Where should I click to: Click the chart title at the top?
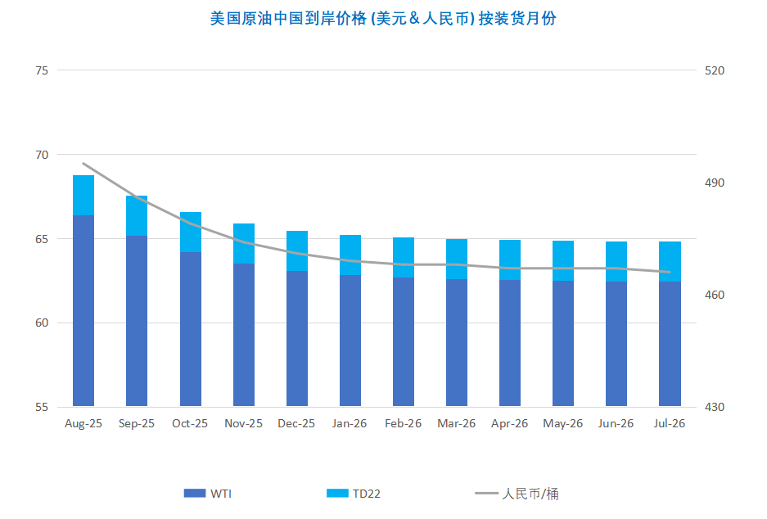(383, 18)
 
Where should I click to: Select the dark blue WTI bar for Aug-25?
(83, 311)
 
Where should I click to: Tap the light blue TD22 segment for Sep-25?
(137, 215)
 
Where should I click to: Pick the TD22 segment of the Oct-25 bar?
(190, 232)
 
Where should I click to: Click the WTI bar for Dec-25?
(297, 338)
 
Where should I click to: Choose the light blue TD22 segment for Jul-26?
(670, 261)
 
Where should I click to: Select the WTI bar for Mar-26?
(457, 342)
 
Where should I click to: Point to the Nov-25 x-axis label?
(243, 424)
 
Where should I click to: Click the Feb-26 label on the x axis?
(403, 424)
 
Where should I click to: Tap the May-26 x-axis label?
(563, 424)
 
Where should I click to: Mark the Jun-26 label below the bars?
(616, 424)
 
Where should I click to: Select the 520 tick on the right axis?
(715, 70)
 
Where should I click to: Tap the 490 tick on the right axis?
(715, 183)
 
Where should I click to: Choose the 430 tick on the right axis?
(715, 407)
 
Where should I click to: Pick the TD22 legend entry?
(354, 494)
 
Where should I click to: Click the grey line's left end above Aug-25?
(83, 164)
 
